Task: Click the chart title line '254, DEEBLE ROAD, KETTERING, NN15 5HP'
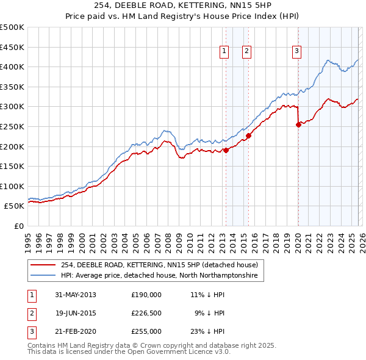coord(182,5)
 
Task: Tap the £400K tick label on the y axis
coord(12,67)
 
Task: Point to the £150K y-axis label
coord(12,166)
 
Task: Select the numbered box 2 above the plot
coord(246,52)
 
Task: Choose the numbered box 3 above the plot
coord(296,52)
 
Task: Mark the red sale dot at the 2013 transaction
coord(226,150)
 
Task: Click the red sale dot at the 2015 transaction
coord(248,136)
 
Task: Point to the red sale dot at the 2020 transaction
coord(298,124)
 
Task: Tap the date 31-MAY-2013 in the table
coord(76,295)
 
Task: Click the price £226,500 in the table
coord(146,313)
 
